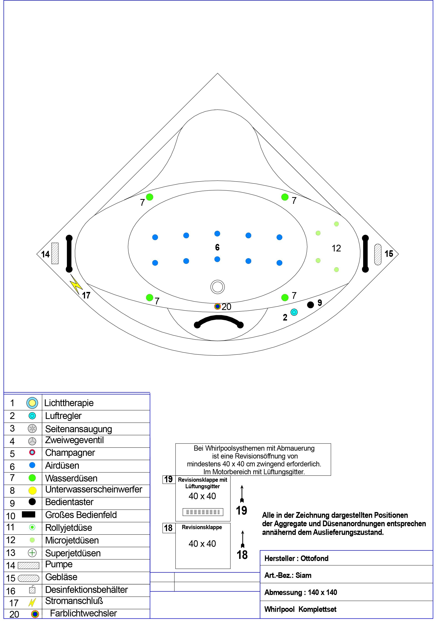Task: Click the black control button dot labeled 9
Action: tap(310, 305)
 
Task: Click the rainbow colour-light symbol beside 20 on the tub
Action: tap(217, 306)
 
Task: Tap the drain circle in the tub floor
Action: tap(217, 287)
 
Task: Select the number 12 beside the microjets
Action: tap(336, 248)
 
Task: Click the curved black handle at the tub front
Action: tap(219, 319)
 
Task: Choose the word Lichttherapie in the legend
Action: tap(69, 403)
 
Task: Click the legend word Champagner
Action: tap(70, 453)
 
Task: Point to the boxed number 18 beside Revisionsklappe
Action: tap(168, 528)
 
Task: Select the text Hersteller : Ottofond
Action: tap(296, 558)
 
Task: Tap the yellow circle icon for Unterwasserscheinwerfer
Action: tap(32, 490)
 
